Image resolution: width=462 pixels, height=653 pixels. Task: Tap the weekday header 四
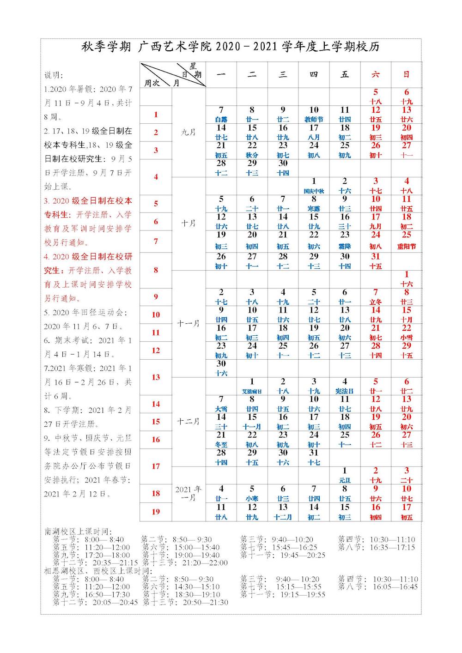pyautogui.click(x=314, y=74)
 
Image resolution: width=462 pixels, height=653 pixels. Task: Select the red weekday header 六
pyautogui.click(x=376, y=74)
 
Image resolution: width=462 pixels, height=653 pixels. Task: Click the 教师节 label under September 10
pyautogui.click(x=314, y=120)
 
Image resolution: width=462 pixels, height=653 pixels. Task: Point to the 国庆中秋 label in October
pyautogui.click(x=314, y=191)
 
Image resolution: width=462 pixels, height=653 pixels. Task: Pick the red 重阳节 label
pyautogui.click(x=407, y=247)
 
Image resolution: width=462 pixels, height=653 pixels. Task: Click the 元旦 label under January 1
pyautogui.click(x=345, y=481)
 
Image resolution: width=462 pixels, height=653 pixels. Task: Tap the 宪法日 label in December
pyautogui.click(x=345, y=391)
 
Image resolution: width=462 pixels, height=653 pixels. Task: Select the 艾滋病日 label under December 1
pyautogui.click(x=252, y=391)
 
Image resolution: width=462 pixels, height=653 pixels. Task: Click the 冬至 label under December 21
pyautogui.click(x=221, y=445)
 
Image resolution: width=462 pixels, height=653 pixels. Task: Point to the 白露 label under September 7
pyautogui.click(x=221, y=120)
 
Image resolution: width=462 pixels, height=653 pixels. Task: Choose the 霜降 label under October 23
pyautogui.click(x=345, y=247)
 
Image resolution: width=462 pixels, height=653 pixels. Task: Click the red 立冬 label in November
pyautogui.click(x=376, y=302)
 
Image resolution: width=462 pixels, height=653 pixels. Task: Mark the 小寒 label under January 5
pyautogui.click(x=252, y=499)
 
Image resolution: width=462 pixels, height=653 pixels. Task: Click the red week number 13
pyautogui.click(x=156, y=377)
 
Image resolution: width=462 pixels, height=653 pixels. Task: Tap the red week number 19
pyautogui.click(x=156, y=512)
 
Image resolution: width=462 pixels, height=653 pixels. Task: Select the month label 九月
pyautogui.click(x=188, y=132)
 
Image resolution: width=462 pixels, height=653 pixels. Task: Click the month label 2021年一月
pyautogui.click(x=188, y=493)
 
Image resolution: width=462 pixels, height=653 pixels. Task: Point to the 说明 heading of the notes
pyautogui.click(x=54, y=75)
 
